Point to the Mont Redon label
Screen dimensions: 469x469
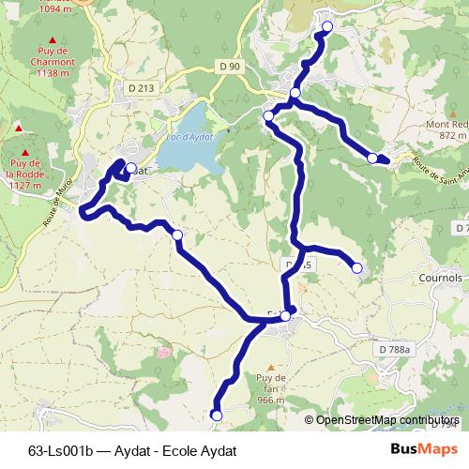[446, 129]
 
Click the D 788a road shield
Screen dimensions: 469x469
[395, 349]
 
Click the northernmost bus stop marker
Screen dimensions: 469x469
[327, 26]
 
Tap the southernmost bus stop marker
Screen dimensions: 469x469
[217, 415]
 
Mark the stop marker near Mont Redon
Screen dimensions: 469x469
[372, 158]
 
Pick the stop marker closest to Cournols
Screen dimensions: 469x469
[357, 268]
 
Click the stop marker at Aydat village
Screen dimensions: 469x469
[131, 170]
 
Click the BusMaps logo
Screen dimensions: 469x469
[424, 449]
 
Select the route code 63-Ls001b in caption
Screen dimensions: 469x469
[60, 450]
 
